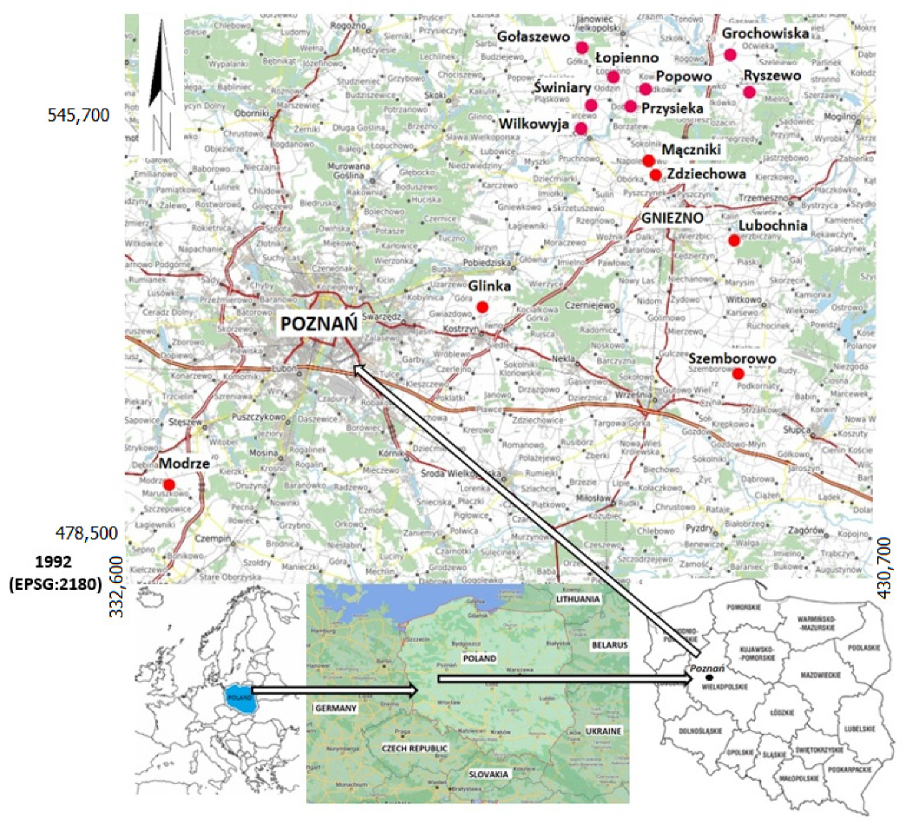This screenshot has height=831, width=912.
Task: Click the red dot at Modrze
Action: [x=169, y=484]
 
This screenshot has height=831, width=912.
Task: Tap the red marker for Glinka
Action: [x=483, y=307]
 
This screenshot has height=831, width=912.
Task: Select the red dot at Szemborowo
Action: [x=738, y=374]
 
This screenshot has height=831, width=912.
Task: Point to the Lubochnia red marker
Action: [x=733, y=240]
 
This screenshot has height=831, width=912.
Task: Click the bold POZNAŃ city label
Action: [x=318, y=324]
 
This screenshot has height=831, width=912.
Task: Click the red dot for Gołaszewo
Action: [x=582, y=47]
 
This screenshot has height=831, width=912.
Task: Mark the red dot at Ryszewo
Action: [x=750, y=92]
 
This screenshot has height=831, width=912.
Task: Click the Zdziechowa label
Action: [x=706, y=174]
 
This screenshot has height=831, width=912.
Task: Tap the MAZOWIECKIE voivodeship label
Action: [x=822, y=674]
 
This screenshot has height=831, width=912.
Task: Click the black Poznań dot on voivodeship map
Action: [x=709, y=677]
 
